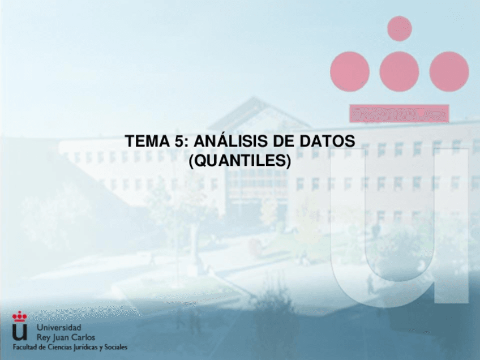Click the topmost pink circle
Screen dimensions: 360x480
400,28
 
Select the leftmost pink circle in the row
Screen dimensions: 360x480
350,71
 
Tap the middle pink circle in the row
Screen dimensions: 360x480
400,71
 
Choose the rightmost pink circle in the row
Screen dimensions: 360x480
449,71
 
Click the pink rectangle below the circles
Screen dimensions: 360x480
400,113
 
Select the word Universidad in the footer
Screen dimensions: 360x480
59,328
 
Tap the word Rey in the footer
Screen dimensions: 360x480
44,337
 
